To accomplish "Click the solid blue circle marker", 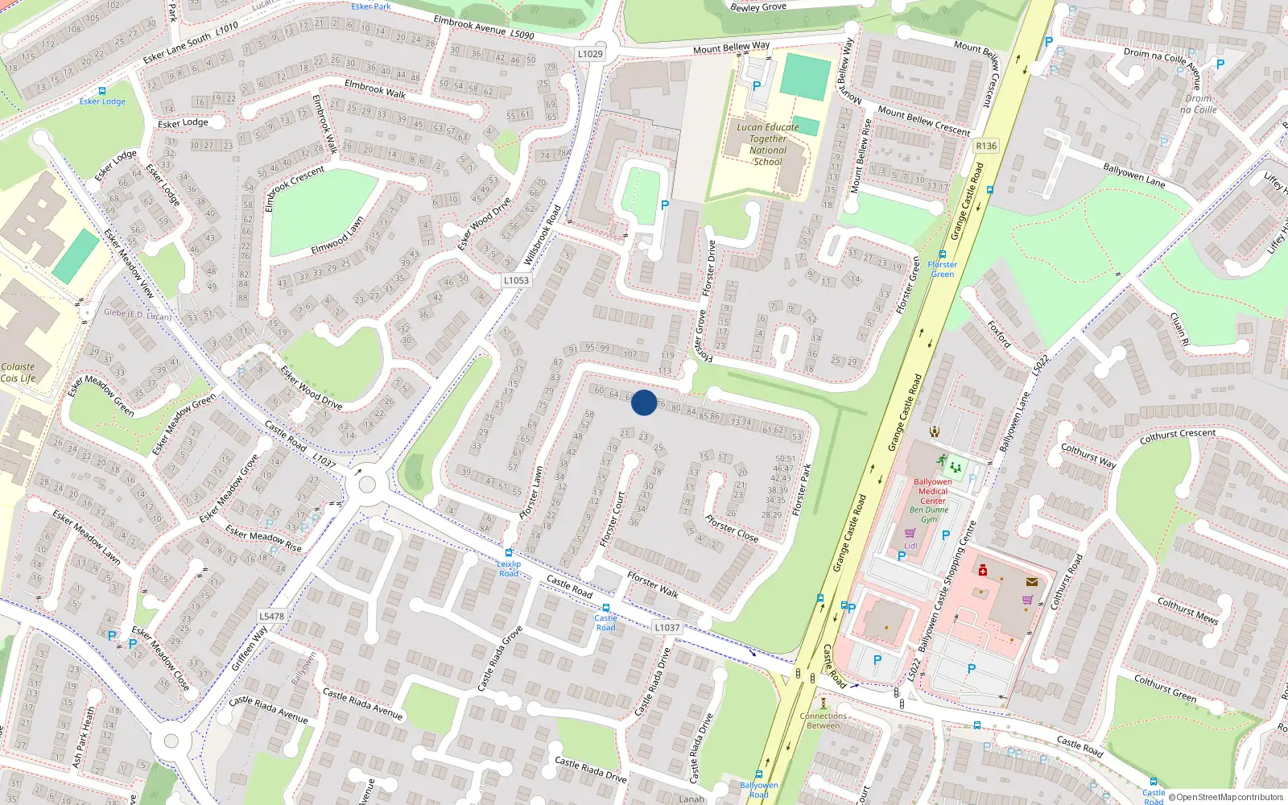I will coord(644,402).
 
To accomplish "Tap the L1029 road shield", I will coord(590,54).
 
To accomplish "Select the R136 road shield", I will coord(985,146).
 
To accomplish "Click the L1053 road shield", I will coord(516,280).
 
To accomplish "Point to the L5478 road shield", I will coord(272,617).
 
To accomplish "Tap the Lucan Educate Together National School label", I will coord(768,144).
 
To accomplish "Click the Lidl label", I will coord(910,546).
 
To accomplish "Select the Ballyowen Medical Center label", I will coord(933,491).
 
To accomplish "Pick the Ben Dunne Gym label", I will coord(929,514).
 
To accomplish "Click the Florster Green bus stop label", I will coord(942,269).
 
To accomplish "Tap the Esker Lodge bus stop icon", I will coord(102,91).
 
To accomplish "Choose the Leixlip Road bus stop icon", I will coord(508,553).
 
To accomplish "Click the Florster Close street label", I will coord(731,528).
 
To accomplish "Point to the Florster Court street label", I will coord(613,519).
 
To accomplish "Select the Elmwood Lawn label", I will coord(337,235).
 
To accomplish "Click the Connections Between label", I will coord(823,720).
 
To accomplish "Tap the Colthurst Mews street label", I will coord(1187,610).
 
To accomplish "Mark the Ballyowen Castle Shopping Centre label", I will coord(947,585).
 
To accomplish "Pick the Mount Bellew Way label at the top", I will coord(731,47).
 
